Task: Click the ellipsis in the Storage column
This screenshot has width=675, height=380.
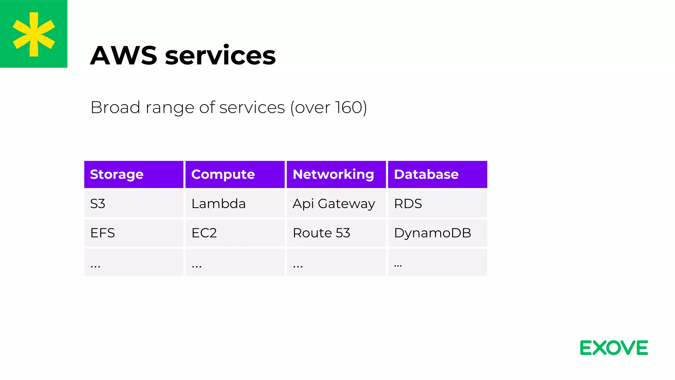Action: tap(96, 265)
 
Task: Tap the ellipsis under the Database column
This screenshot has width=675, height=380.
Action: tap(398, 265)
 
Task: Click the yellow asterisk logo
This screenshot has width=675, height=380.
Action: tap(34, 34)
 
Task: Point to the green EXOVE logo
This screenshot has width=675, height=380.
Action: tap(614, 348)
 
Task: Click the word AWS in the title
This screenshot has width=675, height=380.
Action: tap(124, 55)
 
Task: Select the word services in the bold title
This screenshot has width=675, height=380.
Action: tap(220, 55)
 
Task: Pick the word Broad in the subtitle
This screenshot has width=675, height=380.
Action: tap(115, 108)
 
